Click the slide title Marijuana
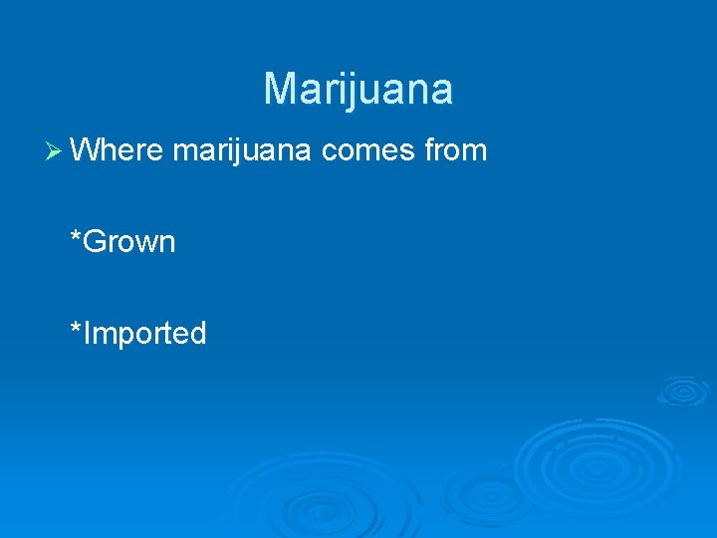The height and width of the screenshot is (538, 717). point(358,89)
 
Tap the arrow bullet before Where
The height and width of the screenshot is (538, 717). point(56,150)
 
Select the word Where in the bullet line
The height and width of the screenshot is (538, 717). point(117,150)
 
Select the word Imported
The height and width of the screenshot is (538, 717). point(145,333)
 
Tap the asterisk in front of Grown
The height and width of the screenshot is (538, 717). point(76,237)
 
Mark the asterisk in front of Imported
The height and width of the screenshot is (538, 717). point(76,328)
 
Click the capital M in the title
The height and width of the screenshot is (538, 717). point(280,89)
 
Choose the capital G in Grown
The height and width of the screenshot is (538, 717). point(96,242)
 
